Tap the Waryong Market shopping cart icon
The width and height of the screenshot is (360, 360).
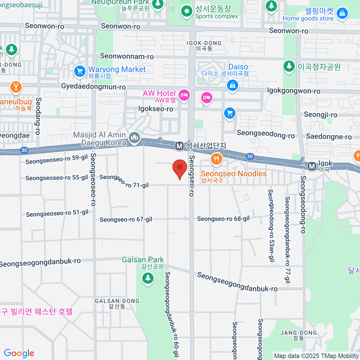tap(79, 71)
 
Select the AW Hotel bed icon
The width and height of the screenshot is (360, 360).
tap(184, 95)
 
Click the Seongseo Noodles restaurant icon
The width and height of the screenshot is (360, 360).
tap(216, 159)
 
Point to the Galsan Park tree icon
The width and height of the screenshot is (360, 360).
tap(148, 278)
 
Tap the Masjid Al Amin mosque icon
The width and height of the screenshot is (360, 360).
tap(134, 138)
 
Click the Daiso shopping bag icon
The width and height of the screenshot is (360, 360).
tap(232, 85)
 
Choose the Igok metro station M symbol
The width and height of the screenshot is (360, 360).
tap(312, 166)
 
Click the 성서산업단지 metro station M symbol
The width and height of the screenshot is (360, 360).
tap(179, 146)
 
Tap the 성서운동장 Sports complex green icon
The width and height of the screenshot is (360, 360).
tap(187, 12)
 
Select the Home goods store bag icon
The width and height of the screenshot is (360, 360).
tap(342, 13)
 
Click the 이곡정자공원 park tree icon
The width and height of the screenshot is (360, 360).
tap(289, 66)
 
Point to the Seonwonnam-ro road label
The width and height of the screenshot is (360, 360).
tap(127, 56)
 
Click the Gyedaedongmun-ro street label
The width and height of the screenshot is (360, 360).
tap(93, 87)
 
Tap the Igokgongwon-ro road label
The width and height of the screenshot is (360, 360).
tap(294, 91)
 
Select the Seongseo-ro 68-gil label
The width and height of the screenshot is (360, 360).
tap(223, 219)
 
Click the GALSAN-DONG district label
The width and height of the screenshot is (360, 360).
tap(117, 301)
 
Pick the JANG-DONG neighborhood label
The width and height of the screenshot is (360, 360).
tap(298, 333)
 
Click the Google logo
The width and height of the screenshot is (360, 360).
tap(19, 353)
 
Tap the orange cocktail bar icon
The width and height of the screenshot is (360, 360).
tap(16, 87)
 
